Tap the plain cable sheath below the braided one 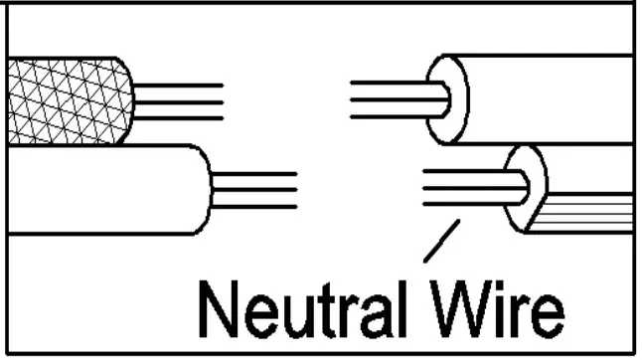(104, 189)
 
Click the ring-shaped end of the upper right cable (445, 98)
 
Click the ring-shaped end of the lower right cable (524, 187)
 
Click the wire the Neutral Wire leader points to (462, 206)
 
